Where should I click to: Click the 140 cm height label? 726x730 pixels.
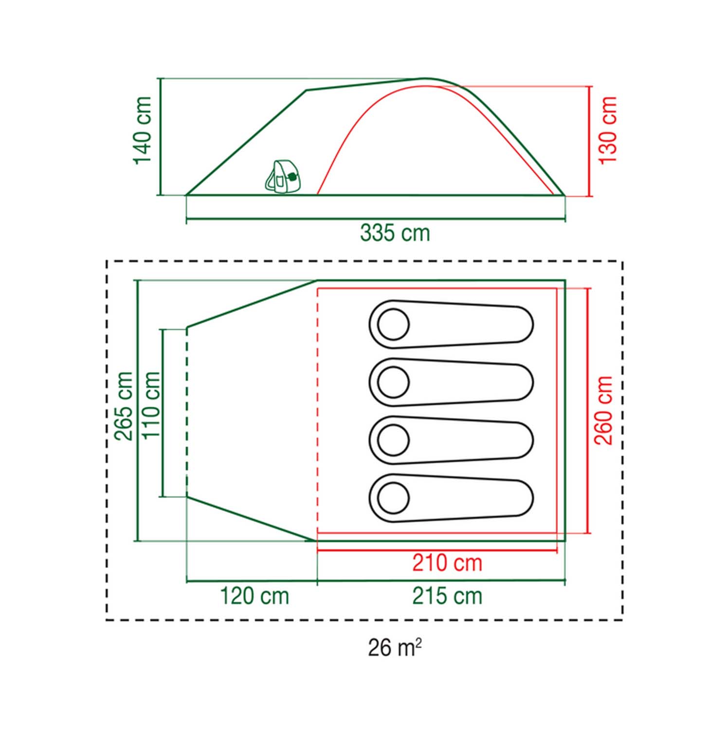[x=143, y=130]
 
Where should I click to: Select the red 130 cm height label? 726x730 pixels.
[x=608, y=130]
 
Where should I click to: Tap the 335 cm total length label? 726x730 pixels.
[x=395, y=233]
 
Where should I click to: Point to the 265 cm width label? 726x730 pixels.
[x=124, y=406]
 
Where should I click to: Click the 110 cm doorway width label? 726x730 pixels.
[x=150, y=405]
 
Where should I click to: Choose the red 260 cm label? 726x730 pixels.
[x=603, y=410]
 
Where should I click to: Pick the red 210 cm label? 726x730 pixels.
[x=447, y=563]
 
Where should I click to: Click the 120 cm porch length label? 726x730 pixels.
[x=254, y=596]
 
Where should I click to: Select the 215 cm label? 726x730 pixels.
[x=447, y=596]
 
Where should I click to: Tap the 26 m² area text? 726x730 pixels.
[x=395, y=647]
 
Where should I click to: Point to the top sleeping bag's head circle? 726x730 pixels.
[x=393, y=325]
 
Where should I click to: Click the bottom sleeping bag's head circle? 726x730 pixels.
[x=393, y=498]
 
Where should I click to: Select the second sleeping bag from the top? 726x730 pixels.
[x=451, y=383]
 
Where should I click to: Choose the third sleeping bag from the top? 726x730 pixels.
[x=451, y=440]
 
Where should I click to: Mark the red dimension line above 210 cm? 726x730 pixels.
[x=436, y=551]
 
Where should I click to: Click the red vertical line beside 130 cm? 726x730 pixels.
[x=590, y=141]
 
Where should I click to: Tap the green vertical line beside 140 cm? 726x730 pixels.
[x=160, y=136]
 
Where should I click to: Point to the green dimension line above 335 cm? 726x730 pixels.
[x=376, y=219]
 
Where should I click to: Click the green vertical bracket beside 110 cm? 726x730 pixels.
[x=162, y=413]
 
